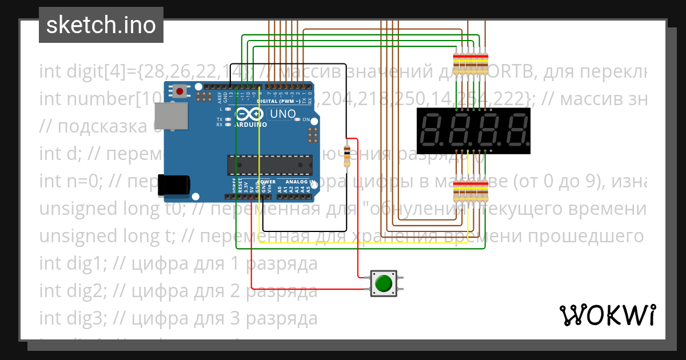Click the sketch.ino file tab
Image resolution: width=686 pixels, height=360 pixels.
tap(101, 25)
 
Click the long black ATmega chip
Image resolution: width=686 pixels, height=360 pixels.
tap(270, 164)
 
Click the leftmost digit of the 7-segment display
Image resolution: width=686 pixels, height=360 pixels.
tap(432, 130)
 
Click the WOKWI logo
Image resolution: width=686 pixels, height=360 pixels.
tap(607, 315)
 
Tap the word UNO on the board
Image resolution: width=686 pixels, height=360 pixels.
tap(282, 114)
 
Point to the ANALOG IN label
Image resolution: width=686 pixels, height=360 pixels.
tap(300, 182)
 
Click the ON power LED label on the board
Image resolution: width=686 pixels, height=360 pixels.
tap(306, 119)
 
